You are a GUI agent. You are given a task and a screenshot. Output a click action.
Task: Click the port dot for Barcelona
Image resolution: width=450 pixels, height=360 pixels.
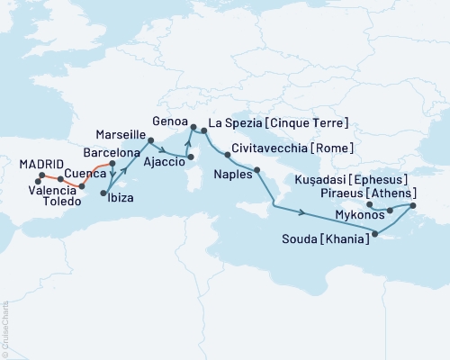tap(112, 164)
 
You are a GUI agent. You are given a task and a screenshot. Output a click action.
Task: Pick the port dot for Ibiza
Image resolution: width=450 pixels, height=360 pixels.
tap(105, 193)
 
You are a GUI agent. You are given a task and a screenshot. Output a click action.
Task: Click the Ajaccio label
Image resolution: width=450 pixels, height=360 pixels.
tap(161, 165)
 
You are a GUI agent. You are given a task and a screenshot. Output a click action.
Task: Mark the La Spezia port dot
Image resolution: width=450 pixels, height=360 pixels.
tap(204, 131)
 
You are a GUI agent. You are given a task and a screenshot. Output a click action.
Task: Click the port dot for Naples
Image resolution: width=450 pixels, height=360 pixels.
tap(257, 169)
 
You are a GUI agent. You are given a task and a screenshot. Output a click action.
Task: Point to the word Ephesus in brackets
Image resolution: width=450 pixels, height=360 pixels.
tap(379, 179)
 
